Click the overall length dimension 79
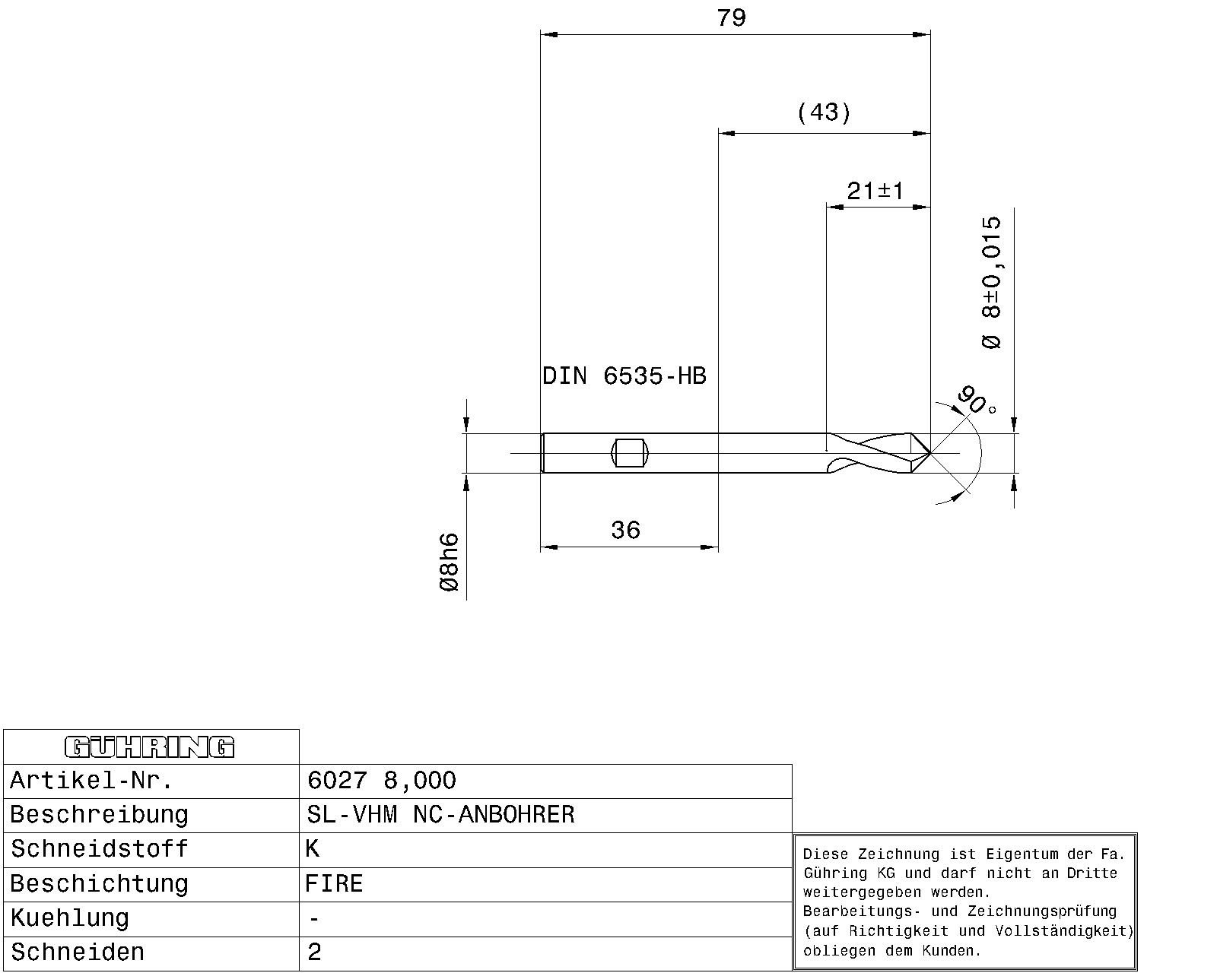pyautogui.click(x=731, y=18)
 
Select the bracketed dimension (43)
pyautogui.click(x=824, y=113)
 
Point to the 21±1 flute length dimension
pyautogui.click(x=875, y=191)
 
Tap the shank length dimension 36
pyautogui.click(x=625, y=531)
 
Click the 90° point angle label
pyautogui.click(x=977, y=401)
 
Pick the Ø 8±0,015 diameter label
pyautogui.click(x=991, y=283)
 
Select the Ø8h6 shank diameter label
pyautogui.click(x=449, y=562)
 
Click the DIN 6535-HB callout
pyautogui.click(x=624, y=376)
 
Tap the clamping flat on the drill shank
pyautogui.click(x=630, y=453)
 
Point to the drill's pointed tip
pyautogui.click(x=929, y=453)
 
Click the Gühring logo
pyautogui.click(x=149, y=746)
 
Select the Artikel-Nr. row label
pyautogui.click(x=91, y=781)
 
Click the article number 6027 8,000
pyautogui.click(x=381, y=781)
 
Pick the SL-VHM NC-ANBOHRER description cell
pyautogui.click(x=440, y=815)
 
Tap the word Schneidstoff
pyautogui.click(x=99, y=849)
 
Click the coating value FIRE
pyautogui.click(x=334, y=883)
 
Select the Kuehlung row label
pyautogui.click(x=69, y=919)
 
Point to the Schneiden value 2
pyautogui.click(x=314, y=952)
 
